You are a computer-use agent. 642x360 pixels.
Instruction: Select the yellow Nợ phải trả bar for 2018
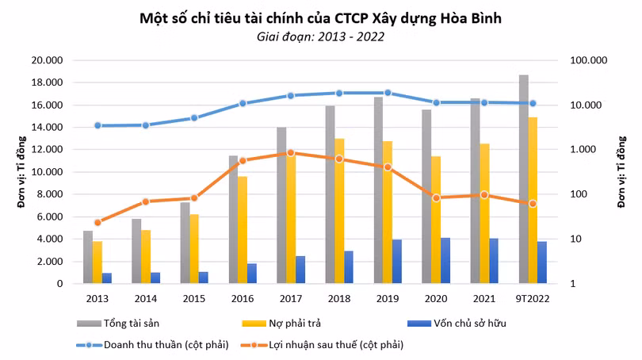339,211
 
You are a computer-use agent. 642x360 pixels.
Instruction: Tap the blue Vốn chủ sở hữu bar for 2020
445,261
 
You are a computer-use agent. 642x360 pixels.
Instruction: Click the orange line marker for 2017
291,152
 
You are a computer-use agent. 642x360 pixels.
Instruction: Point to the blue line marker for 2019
388,93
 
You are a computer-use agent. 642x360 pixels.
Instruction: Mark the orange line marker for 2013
97,223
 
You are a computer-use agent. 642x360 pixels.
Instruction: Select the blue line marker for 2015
194,117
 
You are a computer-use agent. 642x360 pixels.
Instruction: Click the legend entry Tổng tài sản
127,324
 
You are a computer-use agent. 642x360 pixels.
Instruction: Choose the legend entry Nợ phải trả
294,324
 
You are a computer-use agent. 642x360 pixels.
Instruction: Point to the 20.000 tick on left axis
47,60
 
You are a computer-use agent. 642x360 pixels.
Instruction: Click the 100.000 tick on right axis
587,60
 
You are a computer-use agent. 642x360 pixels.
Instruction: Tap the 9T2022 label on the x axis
533,299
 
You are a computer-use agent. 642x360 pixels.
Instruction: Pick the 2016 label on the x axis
243,299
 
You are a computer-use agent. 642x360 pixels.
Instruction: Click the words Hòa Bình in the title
467,17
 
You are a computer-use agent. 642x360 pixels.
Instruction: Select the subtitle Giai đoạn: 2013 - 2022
321,36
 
